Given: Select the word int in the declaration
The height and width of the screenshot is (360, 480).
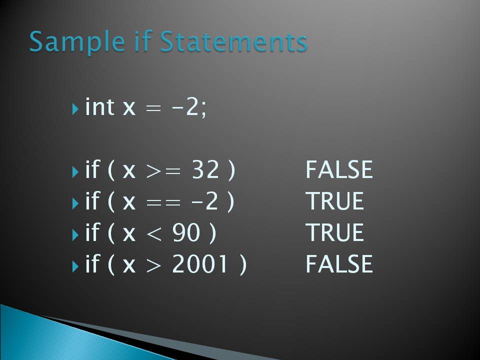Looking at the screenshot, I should [99, 107].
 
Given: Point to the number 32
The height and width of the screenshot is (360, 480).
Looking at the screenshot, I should [205, 170].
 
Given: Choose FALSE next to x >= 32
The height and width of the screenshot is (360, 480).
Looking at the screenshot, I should [339, 170].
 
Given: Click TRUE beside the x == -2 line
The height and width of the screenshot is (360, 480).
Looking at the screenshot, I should [334, 201].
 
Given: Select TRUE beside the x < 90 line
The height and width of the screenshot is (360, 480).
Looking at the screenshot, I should [334, 233].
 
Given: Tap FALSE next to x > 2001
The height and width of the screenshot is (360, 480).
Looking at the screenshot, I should [339, 264].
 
